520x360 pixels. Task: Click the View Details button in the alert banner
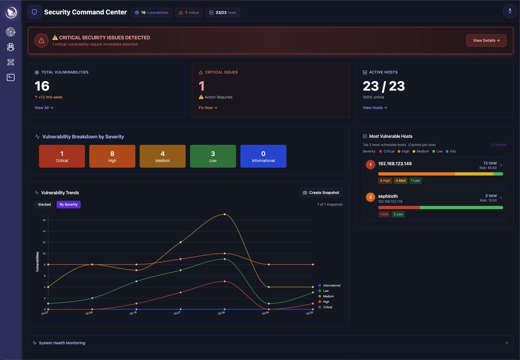click(486, 40)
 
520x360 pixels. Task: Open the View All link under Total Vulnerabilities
click(44, 108)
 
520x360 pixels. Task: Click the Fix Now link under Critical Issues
click(208, 108)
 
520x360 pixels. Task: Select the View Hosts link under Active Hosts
click(375, 108)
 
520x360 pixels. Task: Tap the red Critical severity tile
click(62, 156)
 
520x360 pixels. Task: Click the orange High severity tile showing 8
click(112, 156)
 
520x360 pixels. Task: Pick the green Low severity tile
click(213, 156)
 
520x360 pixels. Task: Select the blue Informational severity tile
click(263, 156)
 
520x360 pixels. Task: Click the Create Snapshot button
click(321, 192)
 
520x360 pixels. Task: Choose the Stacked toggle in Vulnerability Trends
click(44, 205)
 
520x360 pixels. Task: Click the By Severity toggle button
click(68, 205)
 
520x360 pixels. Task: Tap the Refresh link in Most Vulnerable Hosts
click(498, 145)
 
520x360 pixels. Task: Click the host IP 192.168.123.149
click(395, 164)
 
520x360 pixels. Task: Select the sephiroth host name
click(388, 196)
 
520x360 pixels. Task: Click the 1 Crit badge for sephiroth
click(384, 215)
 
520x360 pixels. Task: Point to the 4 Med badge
click(400, 181)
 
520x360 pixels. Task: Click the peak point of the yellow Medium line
click(224, 214)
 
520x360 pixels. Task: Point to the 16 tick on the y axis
click(44, 220)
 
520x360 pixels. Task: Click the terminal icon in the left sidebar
click(11, 77)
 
